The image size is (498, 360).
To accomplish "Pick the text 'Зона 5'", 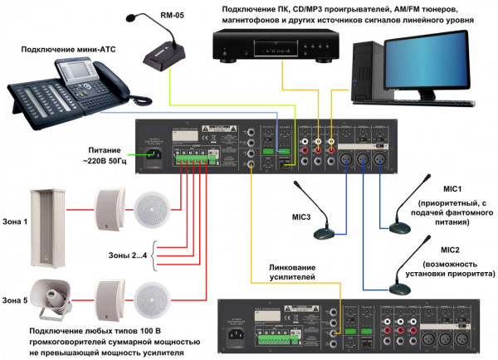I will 14,299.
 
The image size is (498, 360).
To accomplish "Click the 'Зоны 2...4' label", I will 129,253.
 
